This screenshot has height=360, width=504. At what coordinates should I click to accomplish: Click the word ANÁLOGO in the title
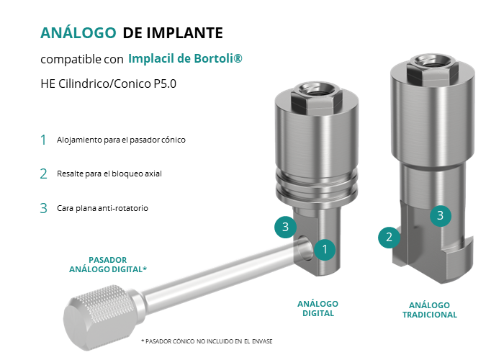click(x=78, y=33)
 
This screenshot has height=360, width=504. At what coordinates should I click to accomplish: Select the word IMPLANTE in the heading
click(x=184, y=33)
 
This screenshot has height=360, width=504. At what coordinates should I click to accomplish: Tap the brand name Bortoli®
click(x=218, y=58)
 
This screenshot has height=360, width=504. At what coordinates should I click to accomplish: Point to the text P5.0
click(x=165, y=84)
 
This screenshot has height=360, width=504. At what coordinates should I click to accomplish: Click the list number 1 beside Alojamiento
click(x=43, y=140)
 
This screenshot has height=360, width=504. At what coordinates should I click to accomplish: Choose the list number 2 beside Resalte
click(x=43, y=174)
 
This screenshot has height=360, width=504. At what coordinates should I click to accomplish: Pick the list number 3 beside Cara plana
click(x=43, y=208)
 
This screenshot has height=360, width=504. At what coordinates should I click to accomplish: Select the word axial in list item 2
click(x=153, y=174)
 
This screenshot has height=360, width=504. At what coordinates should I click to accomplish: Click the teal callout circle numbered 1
click(x=325, y=249)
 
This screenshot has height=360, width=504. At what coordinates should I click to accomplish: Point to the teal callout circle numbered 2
click(x=389, y=237)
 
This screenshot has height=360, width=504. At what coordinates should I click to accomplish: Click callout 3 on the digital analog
click(x=285, y=227)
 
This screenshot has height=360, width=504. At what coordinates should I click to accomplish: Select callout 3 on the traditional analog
click(x=441, y=215)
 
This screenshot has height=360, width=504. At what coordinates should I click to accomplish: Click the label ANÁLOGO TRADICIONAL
click(x=430, y=310)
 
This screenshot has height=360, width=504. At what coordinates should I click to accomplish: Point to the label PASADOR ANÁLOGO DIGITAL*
click(x=108, y=264)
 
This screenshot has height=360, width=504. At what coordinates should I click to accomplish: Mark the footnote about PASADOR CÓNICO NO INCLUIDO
click(x=207, y=341)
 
